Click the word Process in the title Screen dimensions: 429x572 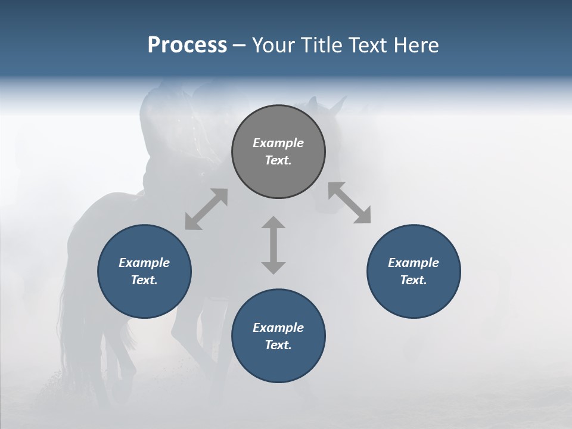click(x=187, y=45)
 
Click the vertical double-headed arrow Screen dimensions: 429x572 click(x=273, y=245)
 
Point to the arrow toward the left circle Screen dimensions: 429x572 click(x=206, y=209)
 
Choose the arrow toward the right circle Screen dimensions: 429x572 click(x=349, y=203)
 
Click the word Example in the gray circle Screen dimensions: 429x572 click(x=278, y=143)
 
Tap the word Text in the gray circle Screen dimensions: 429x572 click(x=278, y=160)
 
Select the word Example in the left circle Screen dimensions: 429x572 click(x=144, y=263)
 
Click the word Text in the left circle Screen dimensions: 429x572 click(x=144, y=280)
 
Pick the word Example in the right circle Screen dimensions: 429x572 click(x=414, y=263)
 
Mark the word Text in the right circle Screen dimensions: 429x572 click(x=414, y=280)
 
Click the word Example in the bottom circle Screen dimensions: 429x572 click(x=278, y=328)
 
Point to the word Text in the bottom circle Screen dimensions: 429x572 click(x=278, y=345)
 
